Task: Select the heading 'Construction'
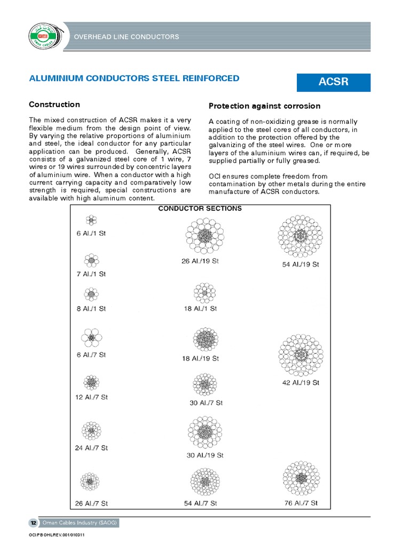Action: click(x=54, y=105)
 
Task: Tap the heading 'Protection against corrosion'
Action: click(x=264, y=106)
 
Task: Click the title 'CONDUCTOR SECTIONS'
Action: click(x=200, y=208)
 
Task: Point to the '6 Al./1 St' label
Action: click(x=91, y=233)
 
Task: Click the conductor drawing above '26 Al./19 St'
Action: click(x=204, y=236)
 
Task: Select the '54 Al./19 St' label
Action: click(x=301, y=264)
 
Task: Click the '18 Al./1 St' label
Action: click(x=200, y=308)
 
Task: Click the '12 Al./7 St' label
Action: click(x=91, y=397)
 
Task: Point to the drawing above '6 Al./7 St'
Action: click(x=91, y=338)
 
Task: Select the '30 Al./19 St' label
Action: click(x=205, y=455)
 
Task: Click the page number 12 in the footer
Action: click(x=33, y=523)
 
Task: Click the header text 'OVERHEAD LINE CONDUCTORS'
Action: click(x=126, y=37)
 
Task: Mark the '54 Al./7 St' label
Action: click(x=200, y=503)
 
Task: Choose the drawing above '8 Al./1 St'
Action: click(x=91, y=294)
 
